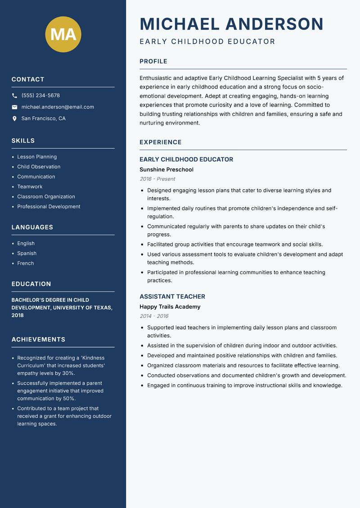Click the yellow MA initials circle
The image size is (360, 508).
pos(63,34)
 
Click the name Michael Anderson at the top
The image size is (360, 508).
pos(231,24)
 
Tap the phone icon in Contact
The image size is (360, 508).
pos(14,96)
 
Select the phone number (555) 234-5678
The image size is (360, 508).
pos(40,96)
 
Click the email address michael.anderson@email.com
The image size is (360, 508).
pos(58,107)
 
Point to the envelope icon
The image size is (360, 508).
pos(14,107)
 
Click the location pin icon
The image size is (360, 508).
pos(14,119)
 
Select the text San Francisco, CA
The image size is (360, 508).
pos(43,119)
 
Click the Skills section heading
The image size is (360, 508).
pos(23,141)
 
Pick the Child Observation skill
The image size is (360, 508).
pos(39,167)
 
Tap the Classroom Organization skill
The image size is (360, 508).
pos(46,196)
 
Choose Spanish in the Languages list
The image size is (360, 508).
pos(27,254)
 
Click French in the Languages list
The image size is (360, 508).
pos(25,263)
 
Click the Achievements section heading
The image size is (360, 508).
pos(38,339)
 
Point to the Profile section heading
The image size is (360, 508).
pos(153,62)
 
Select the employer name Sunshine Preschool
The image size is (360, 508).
pos(166,170)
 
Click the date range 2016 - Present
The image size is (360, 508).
pos(157,179)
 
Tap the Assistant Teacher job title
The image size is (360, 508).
pos(172,297)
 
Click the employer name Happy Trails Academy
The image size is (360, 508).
pos(170,307)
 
